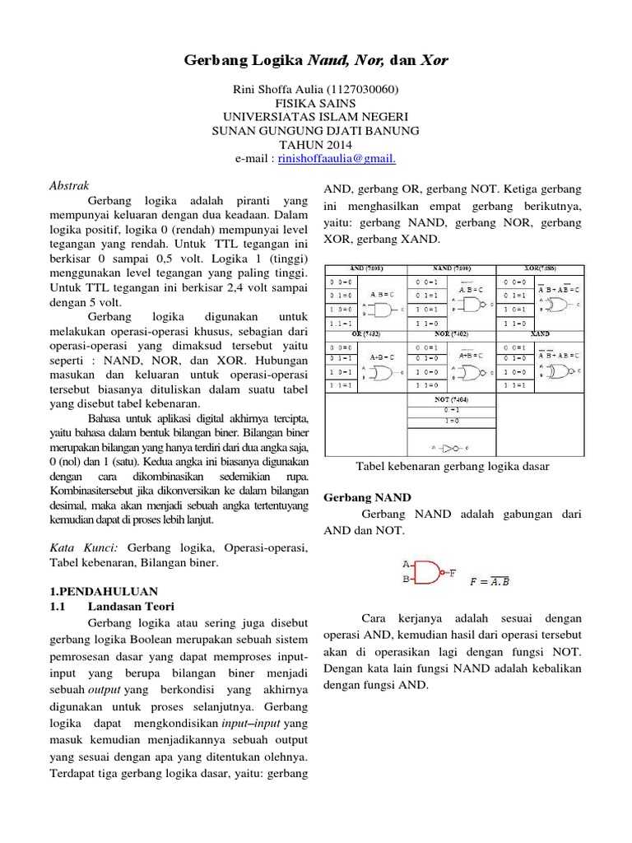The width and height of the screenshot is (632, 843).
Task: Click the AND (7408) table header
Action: (366, 269)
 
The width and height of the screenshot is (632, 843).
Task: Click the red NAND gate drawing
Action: (428, 573)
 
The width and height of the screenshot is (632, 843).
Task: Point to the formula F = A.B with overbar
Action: (489, 580)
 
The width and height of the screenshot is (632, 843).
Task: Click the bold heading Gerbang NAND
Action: (367, 498)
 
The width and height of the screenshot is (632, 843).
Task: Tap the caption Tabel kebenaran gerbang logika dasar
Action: (453, 466)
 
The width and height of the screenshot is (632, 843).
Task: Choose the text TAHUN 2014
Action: (316, 145)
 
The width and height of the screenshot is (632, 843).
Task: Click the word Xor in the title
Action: (434, 62)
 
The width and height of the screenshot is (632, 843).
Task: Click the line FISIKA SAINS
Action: (316, 103)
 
